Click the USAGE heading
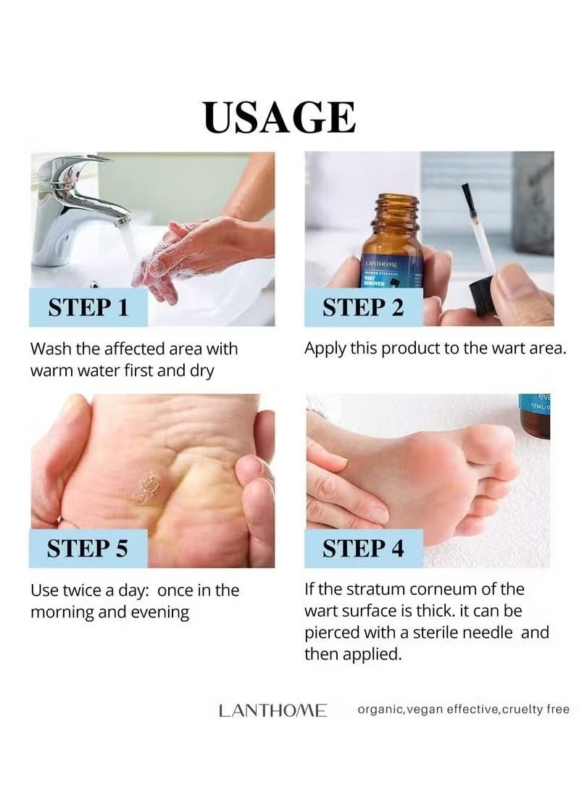coord(280,117)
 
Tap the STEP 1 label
coord(88,307)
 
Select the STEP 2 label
coord(363,307)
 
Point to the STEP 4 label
coord(363,548)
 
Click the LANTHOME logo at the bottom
coord(272,710)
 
